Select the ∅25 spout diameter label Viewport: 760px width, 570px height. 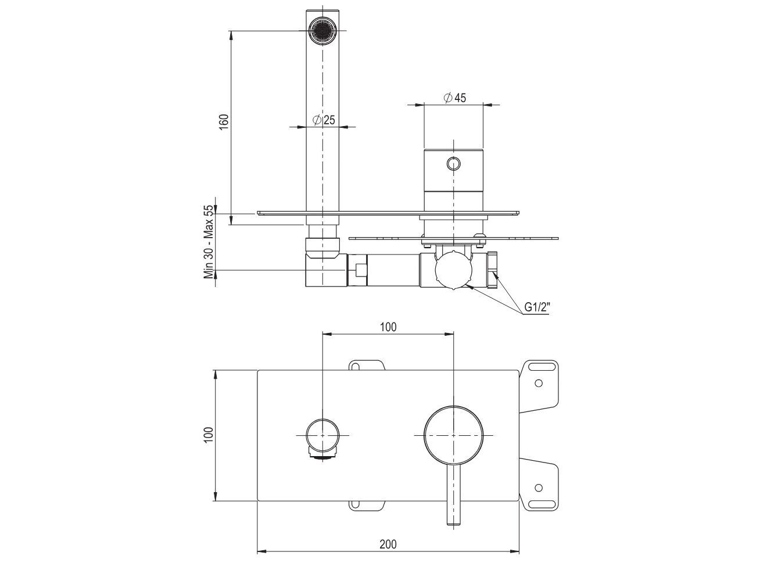(x=324, y=120)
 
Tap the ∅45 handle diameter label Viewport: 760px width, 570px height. (x=454, y=98)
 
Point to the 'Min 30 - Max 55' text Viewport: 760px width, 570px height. (x=209, y=242)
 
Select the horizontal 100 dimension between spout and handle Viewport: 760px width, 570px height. (x=388, y=327)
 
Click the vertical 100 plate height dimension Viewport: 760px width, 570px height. (x=209, y=435)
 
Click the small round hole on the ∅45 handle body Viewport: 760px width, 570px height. (x=454, y=164)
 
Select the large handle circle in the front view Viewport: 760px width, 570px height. (x=454, y=435)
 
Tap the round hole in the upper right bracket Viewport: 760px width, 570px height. (x=539, y=383)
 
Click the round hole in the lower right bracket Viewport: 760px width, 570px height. (x=539, y=487)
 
